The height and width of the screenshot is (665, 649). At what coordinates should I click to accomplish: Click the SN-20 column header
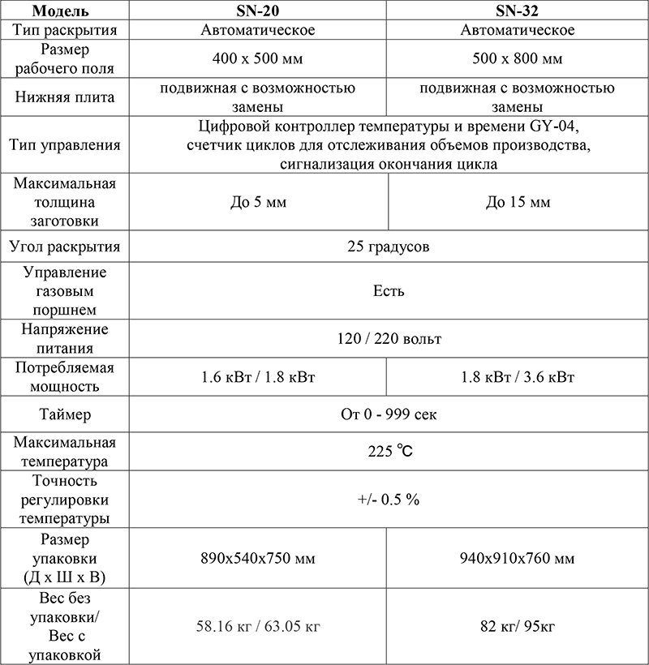coord(257,11)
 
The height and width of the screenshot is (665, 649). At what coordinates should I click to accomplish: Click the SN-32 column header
coord(518,11)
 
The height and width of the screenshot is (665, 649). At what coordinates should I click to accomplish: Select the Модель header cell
coord(65,11)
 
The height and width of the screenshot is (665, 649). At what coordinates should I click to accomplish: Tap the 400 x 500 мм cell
coord(257,59)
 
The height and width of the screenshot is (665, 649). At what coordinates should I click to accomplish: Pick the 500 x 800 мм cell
coord(518,59)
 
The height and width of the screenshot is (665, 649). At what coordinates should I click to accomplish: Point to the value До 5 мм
coord(258,202)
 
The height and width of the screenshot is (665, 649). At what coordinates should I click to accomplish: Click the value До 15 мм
coord(518,202)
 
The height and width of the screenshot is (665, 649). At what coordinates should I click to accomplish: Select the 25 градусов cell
coord(388,247)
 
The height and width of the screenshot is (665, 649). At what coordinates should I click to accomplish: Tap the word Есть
coord(388,291)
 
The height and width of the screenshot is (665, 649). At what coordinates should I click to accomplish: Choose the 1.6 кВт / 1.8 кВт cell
coord(258,377)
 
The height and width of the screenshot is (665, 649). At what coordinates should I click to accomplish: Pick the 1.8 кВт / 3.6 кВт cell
coord(518,377)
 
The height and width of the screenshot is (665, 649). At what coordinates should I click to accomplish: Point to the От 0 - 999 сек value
coord(388,414)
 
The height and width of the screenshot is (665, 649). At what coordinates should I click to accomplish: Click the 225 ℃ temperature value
coord(388,452)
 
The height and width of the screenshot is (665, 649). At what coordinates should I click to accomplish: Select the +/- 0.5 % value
coord(388,500)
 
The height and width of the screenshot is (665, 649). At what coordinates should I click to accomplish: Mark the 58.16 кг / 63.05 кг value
coord(258,625)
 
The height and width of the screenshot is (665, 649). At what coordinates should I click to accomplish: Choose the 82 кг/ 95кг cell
coord(518,625)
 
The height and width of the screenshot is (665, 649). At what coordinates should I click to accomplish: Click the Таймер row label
coord(65,414)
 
